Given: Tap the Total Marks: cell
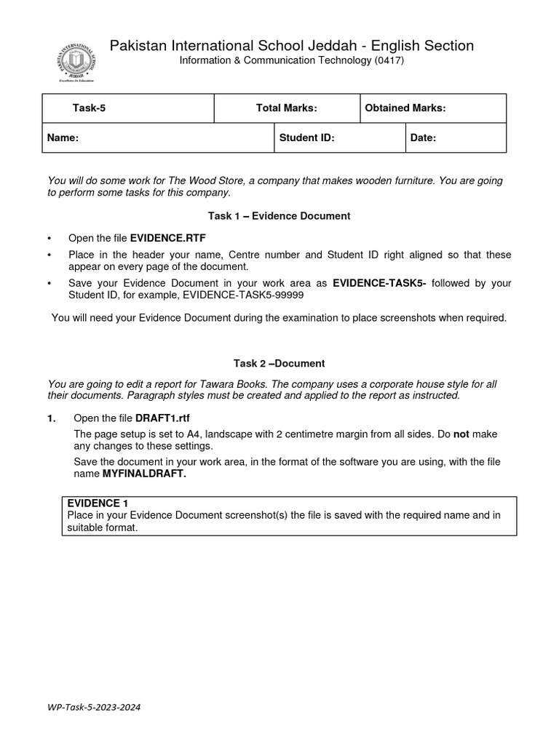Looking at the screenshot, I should [286, 108].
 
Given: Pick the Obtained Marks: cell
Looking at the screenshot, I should [405, 108].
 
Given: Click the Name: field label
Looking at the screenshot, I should [63, 138].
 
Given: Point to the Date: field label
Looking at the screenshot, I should [423, 138].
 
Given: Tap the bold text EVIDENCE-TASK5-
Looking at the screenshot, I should [379, 283].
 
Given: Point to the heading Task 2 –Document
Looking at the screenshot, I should [279, 363].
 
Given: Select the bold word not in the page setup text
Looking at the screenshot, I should [461, 434].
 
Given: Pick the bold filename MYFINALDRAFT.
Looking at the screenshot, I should [144, 474].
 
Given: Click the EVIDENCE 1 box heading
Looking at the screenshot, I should [98, 503].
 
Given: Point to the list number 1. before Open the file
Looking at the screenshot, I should [51, 419].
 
